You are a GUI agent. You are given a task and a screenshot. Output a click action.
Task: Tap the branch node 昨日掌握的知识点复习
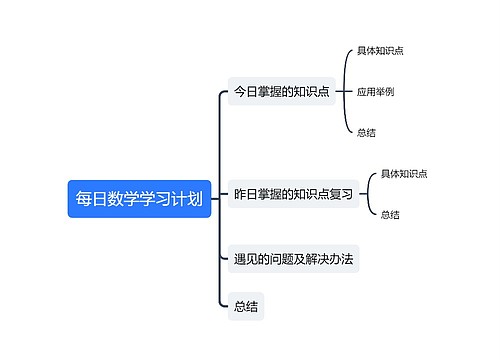pos(293,195)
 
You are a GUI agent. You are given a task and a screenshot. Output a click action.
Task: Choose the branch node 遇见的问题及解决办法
pos(294,259)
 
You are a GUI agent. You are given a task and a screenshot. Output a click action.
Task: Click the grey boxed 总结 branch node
pos(246,307)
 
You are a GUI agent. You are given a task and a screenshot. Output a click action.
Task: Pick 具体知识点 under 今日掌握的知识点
pos(380,50)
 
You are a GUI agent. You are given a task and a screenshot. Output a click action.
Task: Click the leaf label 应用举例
pos(375,91)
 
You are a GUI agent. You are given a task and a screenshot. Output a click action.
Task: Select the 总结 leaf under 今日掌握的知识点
pos(366,132)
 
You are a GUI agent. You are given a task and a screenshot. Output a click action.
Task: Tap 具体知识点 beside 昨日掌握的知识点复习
pos(404,174)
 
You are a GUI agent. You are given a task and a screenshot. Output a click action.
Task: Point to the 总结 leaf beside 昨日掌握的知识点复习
pos(390,214)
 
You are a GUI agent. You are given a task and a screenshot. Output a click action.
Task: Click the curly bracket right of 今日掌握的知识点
pos(345,91)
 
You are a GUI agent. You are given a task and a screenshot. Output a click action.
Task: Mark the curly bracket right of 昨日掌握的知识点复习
pos(369,194)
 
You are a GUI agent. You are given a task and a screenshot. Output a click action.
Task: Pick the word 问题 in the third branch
pos(286,259)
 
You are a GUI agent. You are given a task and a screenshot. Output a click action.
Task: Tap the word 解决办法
pos(333,259)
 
